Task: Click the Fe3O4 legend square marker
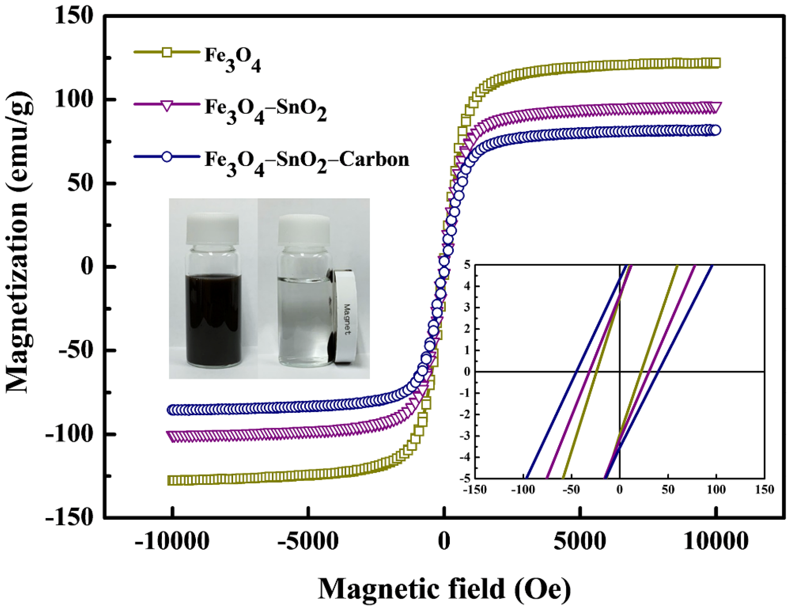(x=167, y=52)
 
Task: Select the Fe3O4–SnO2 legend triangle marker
(x=167, y=105)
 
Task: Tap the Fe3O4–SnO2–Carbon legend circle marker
(x=167, y=157)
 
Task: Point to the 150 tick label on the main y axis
(x=74, y=16)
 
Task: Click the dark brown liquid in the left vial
(x=213, y=318)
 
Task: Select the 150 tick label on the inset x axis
(x=764, y=490)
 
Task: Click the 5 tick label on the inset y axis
(x=467, y=265)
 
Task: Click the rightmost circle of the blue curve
(x=715, y=130)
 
